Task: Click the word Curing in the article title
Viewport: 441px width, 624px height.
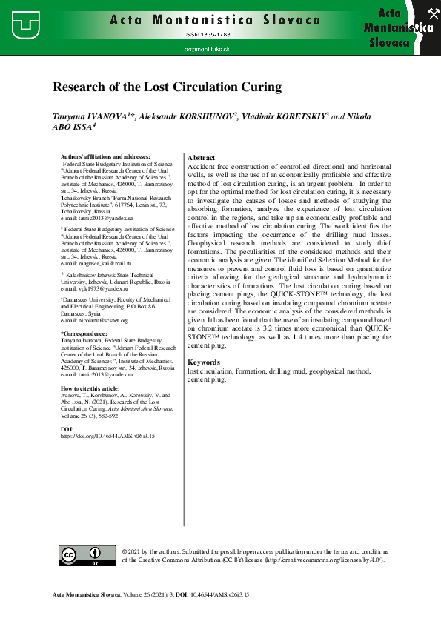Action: pyautogui.click(x=260, y=87)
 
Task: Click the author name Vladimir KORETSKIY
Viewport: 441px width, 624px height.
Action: pyautogui.click(x=284, y=117)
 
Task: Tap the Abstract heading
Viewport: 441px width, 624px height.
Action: pyautogui.click(x=202, y=158)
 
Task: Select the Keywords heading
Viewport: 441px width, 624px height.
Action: pyautogui.click(x=204, y=362)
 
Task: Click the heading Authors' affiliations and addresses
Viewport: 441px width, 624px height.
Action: pyautogui.click(x=105, y=156)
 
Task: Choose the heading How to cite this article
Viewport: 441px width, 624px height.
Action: pyautogui.click(x=89, y=388)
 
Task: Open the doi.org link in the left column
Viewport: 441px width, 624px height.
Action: pyautogui.click(x=107, y=437)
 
